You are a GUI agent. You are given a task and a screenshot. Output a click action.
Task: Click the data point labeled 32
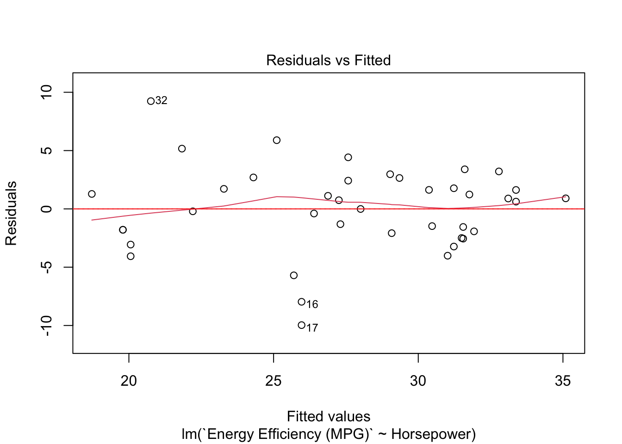coord(150,101)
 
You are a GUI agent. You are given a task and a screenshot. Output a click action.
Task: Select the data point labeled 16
coord(301,302)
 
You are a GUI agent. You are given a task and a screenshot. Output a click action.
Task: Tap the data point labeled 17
coord(301,325)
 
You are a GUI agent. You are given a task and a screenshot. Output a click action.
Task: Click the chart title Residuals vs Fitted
coord(328,60)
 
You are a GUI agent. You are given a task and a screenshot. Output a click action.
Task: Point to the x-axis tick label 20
coord(129,381)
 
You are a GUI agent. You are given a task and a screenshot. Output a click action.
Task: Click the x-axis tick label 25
coord(274,381)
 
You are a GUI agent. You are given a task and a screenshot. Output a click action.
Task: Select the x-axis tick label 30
coord(418,381)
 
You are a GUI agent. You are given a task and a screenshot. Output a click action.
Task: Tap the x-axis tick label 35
coord(563,381)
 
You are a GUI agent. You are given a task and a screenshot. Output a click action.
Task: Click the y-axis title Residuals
coord(11,213)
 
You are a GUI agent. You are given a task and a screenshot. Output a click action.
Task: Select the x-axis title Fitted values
coord(328,416)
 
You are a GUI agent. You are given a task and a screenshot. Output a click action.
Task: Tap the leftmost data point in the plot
coord(92,194)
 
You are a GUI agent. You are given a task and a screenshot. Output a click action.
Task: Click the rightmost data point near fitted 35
coord(566,198)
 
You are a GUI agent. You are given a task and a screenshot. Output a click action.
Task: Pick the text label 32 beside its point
coord(162,101)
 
